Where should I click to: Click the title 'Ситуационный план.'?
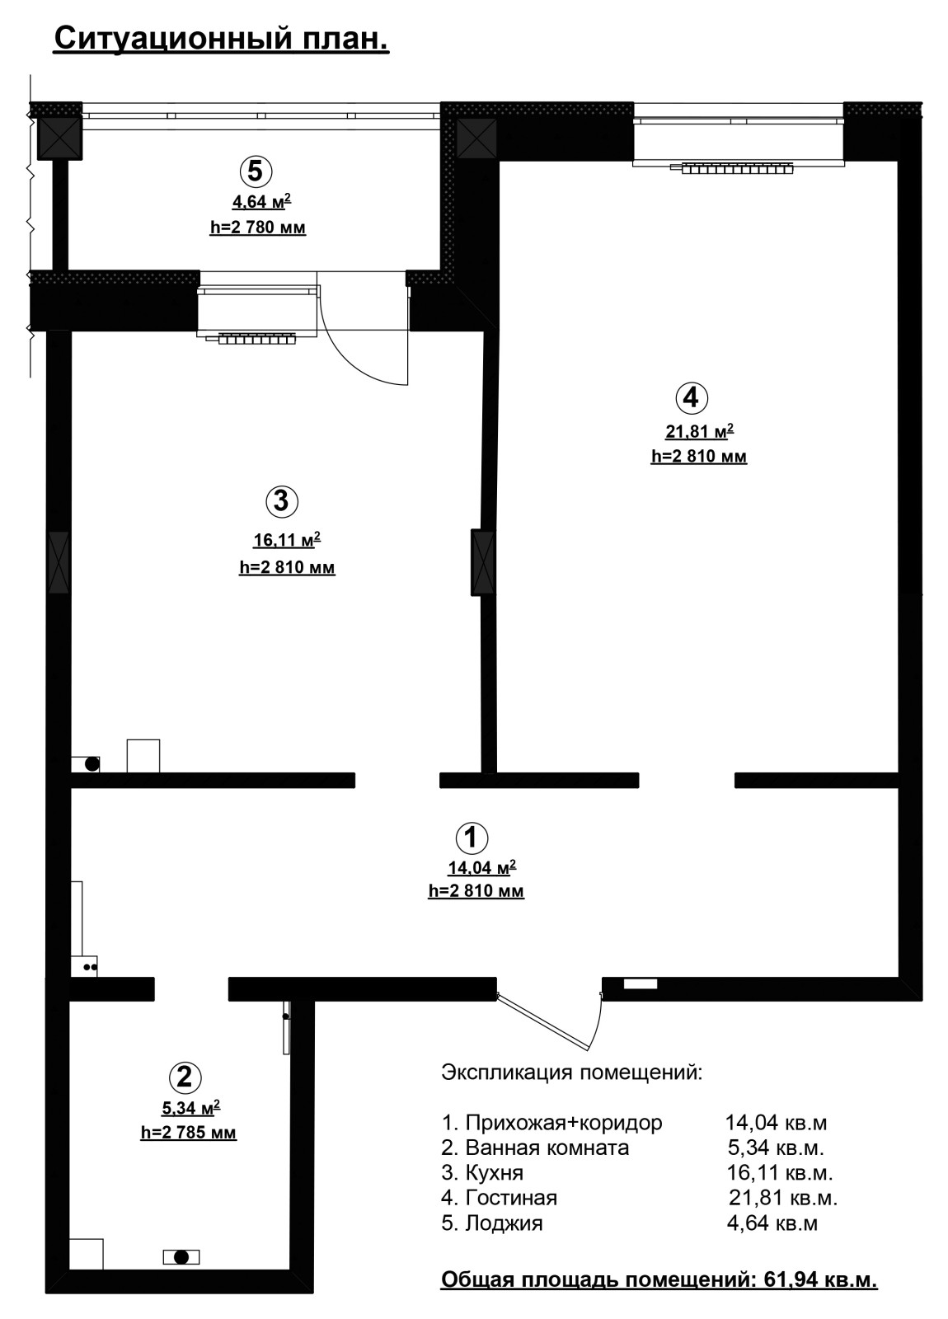[x=222, y=40]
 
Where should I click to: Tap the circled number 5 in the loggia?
[x=256, y=171]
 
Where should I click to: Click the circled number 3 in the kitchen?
[x=281, y=501]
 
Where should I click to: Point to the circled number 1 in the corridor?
[x=472, y=837]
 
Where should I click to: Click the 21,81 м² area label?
[x=700, y=431]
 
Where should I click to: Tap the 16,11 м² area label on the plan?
[x=288, y=539]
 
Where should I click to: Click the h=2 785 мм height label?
[x=189, y=1132]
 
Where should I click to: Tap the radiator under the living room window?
[x=737, y=169]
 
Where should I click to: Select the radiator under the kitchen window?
[x=256, y=339]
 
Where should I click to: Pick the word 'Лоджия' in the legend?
[x=504, y=1223]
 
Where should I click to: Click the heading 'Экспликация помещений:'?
[x=572, y=1073]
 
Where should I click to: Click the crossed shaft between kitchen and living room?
[x=483, y=563]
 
